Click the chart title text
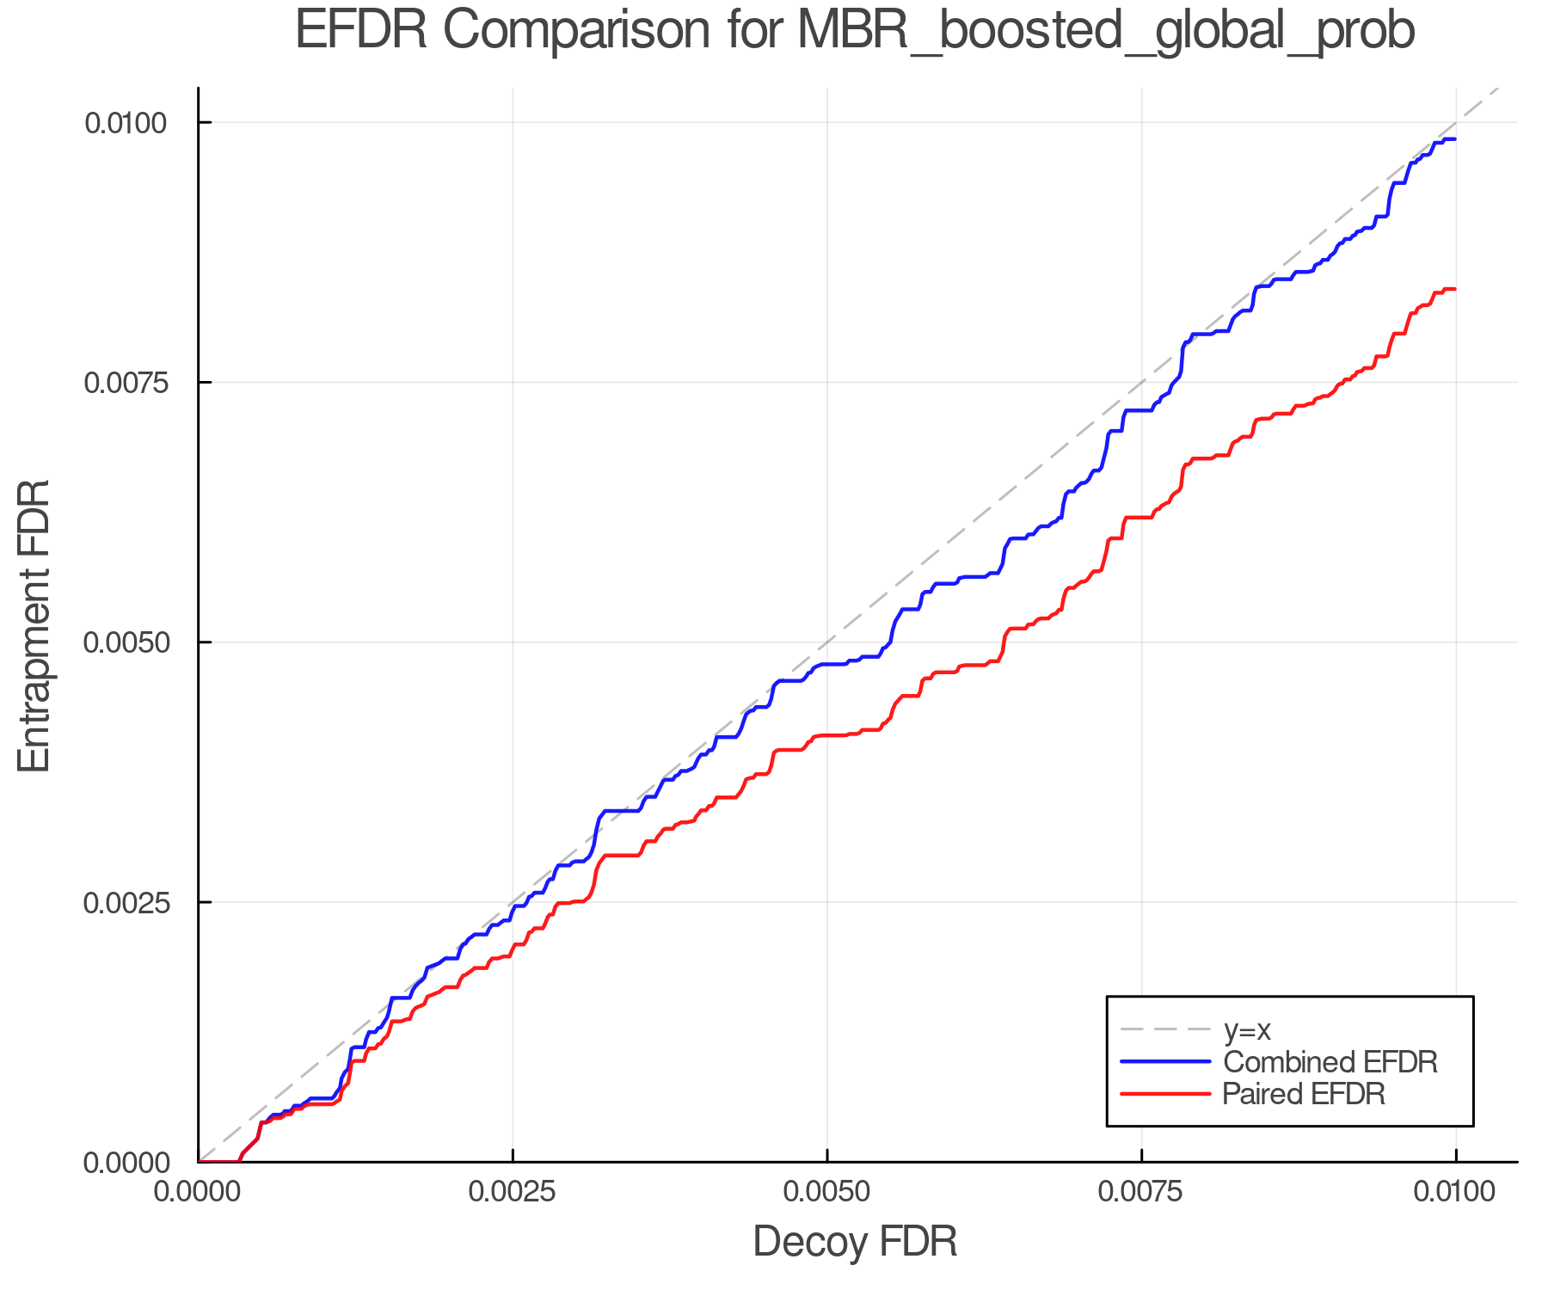pos(855,31)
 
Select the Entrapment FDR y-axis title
pos(34,625)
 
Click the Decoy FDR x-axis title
pos(855,1242)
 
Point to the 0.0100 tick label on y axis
pos(125,123)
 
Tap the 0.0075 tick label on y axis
pos(125,383)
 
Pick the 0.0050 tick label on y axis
pos(125,642)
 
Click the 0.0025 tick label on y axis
pos(125,903)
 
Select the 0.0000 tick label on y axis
pos(125,1163)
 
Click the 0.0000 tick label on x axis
pos(199,1192)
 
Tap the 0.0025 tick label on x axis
pos(513,1192)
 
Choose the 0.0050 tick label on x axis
pos(827,1192)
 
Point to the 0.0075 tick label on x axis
pos(1141,1192)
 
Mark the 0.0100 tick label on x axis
pos(1455,1192)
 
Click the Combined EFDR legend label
pos(1330,1062)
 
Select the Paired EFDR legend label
pos(1304,1094)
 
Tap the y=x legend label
pos(1247,1030)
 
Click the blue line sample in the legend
pos(1165,1062)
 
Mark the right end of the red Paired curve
pos(1454,289)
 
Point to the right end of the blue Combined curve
pos(1454,139)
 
